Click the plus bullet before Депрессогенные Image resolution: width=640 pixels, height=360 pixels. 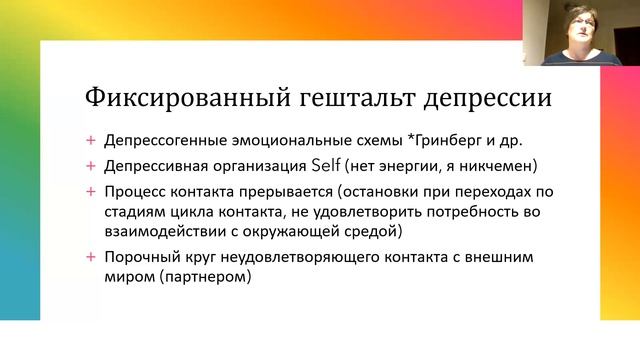92,140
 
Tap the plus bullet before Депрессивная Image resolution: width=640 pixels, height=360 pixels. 92,163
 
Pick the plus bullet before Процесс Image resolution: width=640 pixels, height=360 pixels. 92,189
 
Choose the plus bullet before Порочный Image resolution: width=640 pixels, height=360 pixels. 92,258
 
